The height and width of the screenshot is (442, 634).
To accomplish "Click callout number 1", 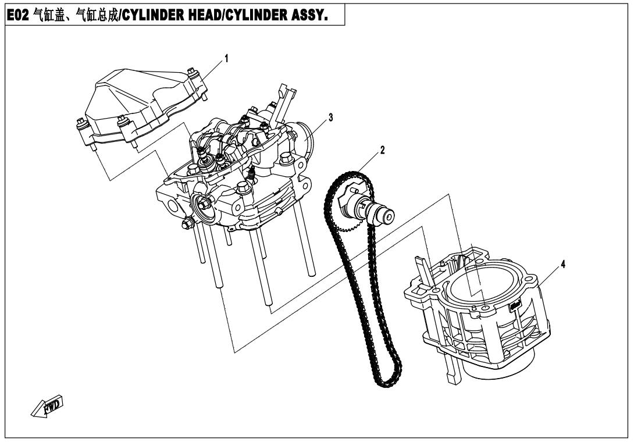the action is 226,59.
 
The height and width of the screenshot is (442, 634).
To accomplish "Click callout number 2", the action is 382,150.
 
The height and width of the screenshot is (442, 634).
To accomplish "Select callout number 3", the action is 331,117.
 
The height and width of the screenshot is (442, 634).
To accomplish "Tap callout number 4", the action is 562,265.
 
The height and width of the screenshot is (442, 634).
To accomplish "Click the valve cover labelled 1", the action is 141,107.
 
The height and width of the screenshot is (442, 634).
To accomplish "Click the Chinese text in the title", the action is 76,15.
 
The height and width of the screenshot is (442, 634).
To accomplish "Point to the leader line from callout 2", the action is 368,164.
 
